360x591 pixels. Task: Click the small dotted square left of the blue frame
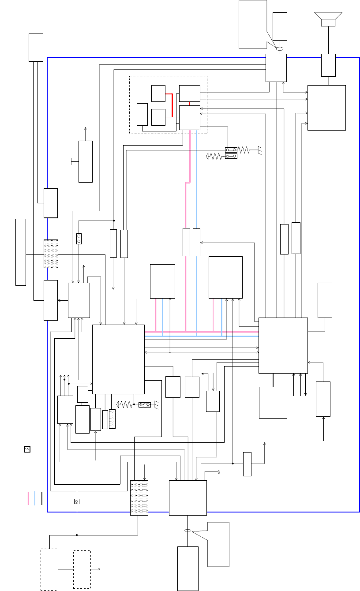tap(27, 449)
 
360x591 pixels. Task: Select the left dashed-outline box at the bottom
tap(49, 569)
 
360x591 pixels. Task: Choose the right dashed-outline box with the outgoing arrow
tap(82, 569)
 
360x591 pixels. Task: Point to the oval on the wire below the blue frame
tap(187, 530)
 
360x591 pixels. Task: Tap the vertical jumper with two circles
tap(79, 239)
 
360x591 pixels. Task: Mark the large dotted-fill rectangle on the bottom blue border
tap(139, 497)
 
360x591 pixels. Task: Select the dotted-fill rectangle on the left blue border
tap(51, 254)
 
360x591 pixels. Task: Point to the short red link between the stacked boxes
tap(190, 104)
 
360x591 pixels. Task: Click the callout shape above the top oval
tap(253, 24)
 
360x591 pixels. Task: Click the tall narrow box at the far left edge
tap(20, 251)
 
